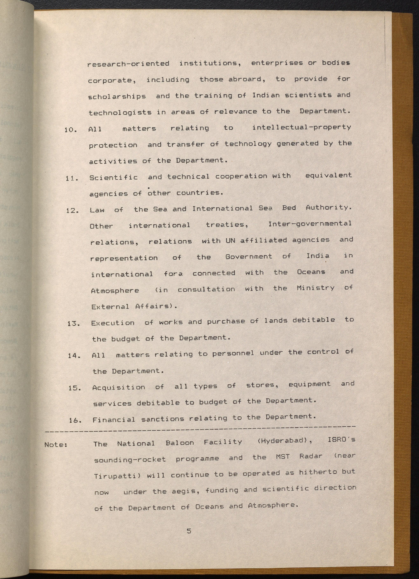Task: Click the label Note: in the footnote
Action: (x=56, y=445)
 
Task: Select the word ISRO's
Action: (x=341, y=440)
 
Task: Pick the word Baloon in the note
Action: (x=180, y=443)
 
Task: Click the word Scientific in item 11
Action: (x=114, y=177)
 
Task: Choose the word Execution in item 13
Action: (x=113, y=323)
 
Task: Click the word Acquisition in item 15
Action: (x=119, y=387)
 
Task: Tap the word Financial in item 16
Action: (x=114, y=420)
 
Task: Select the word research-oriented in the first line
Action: (x=128, y=64)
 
